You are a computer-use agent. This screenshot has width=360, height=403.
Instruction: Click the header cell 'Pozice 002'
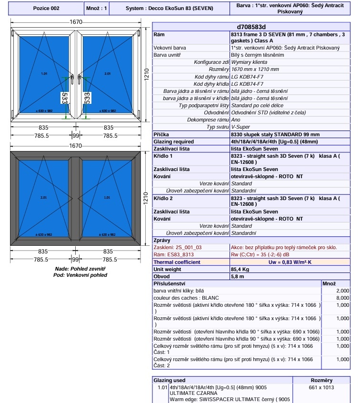(46, 9)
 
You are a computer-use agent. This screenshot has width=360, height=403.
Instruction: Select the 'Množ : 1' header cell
(97, 9)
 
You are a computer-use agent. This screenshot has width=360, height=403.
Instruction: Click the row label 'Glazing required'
(174, 141)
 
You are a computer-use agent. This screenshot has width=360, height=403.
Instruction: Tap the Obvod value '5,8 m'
(238, 276)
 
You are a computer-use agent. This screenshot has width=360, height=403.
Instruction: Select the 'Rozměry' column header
(321, 380)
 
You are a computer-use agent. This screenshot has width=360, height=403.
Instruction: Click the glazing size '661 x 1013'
(321, 387)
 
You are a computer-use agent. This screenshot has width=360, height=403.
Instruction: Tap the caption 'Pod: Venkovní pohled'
(80, 275)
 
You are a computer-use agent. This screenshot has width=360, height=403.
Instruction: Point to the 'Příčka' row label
(161, 135)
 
